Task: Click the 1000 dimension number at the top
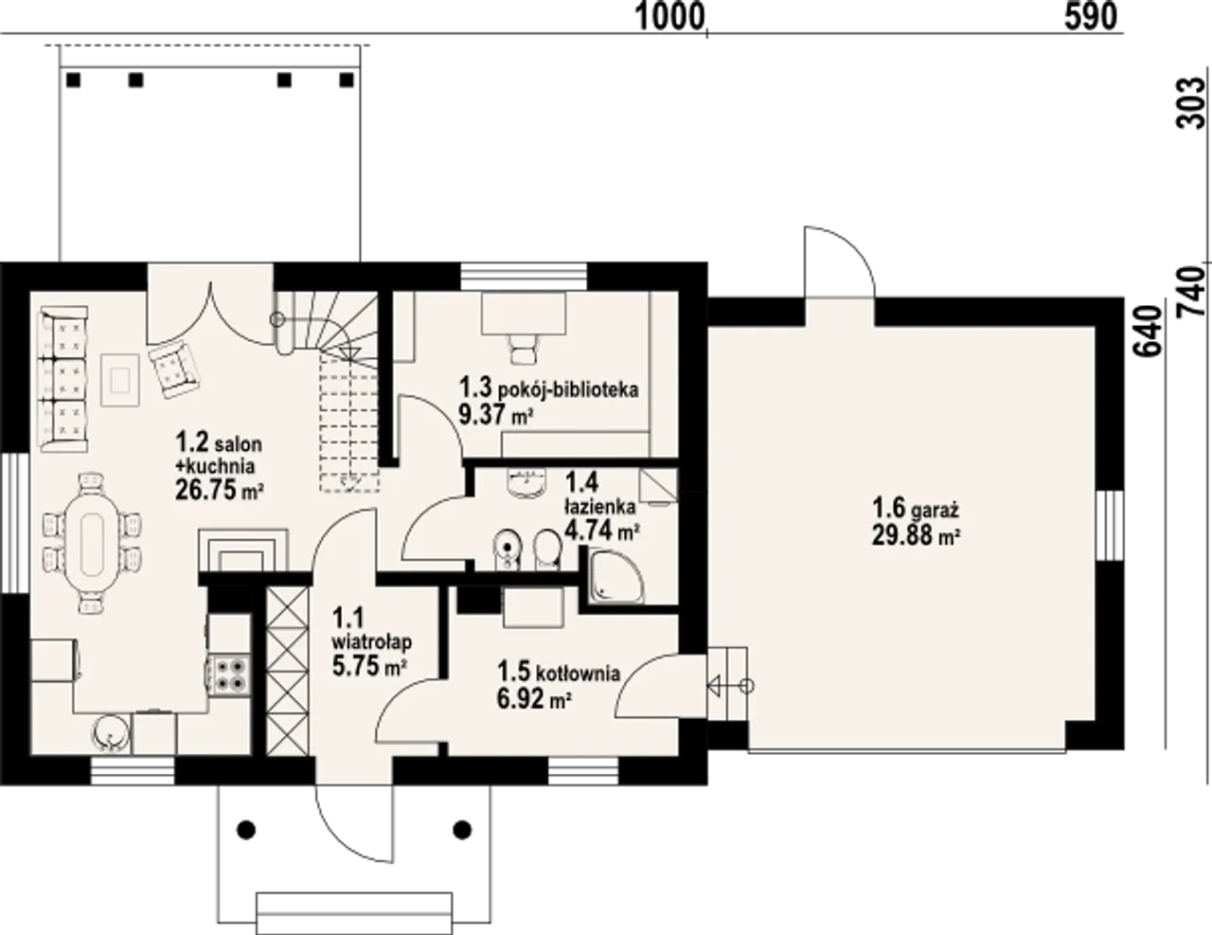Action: pyautogui.click(x=670, y=18)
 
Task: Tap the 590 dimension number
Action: pyautogui.click(x=1091, y=18)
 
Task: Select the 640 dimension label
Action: pyautogui.click(x=1149, y=332)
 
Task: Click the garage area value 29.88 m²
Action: pyautogui.click(x=916, y=535)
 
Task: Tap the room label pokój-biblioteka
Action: pyautogui.click(x=568, y=389)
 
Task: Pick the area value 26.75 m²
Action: pyautogui.click(x=219, y=490)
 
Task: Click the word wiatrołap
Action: pyautogui.click(x=372, y=641)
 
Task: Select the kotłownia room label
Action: pyautogui.click(x=578, y=674)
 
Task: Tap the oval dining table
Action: pyautogui.click(x=93, y=545)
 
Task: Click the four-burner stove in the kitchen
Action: pyautogui.click(x=230, y=675)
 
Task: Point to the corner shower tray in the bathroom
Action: pyautogui.click(x=616, y=577)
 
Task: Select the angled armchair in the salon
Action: pyautogui.click(x=174, y=369)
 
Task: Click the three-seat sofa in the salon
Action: pyautogui.click(x=63, y=379)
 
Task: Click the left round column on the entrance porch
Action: pyautogui.click(x=246, y=830)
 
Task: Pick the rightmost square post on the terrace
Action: pyautogui.click(x=347, y=81)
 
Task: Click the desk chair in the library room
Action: pyautogui.click(x=525, y=350)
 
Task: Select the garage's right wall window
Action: pyautogui.click(x=1110, y=526)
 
